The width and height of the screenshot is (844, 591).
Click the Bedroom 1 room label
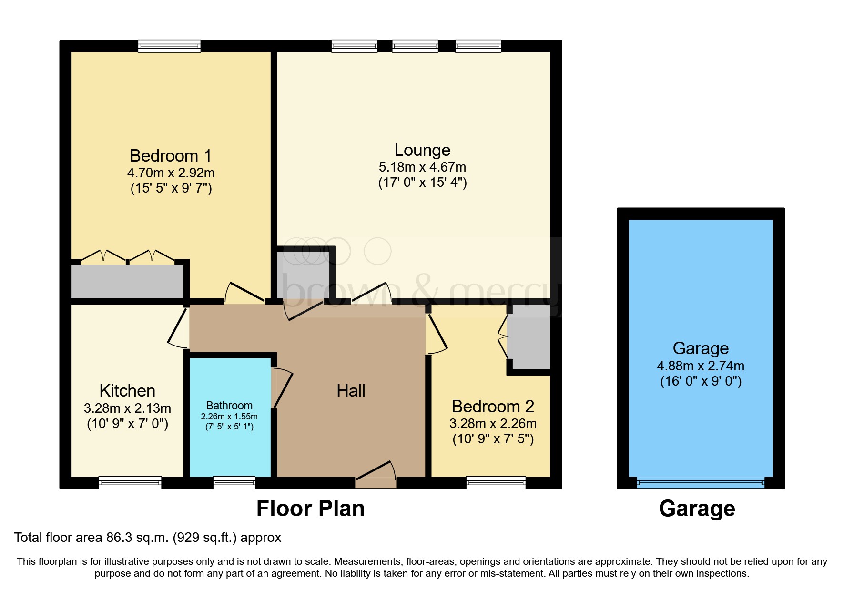[x=171, y=156]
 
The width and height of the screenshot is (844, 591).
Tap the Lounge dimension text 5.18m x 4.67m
[x=422, y=167]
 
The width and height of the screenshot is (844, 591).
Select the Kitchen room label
[x=127, y=391]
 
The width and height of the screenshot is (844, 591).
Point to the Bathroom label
[x=229, y=406]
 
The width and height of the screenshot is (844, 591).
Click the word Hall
[x=351, y=391]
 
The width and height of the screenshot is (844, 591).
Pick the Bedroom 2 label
[x=493, y=407]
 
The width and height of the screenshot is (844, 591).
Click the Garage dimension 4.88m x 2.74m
[x=701, y=366]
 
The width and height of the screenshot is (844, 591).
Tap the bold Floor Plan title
[x=310, y=509]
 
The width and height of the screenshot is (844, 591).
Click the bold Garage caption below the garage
[x=697, y=509]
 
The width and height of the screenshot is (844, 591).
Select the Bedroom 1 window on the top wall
[x=169, y=46]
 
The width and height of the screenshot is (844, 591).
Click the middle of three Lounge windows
[x=415, y=46]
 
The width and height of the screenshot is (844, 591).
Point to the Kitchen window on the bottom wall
[x=130, y=482]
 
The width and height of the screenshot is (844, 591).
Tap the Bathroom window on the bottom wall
[x=234, y=482]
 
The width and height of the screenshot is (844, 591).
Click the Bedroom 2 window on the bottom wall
[x=496, y=482]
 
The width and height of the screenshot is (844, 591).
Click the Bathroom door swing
[x=282, y=387]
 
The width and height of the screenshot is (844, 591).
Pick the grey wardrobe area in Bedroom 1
[x=127, y=282]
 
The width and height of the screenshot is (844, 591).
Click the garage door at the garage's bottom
[x=701, y=482]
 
